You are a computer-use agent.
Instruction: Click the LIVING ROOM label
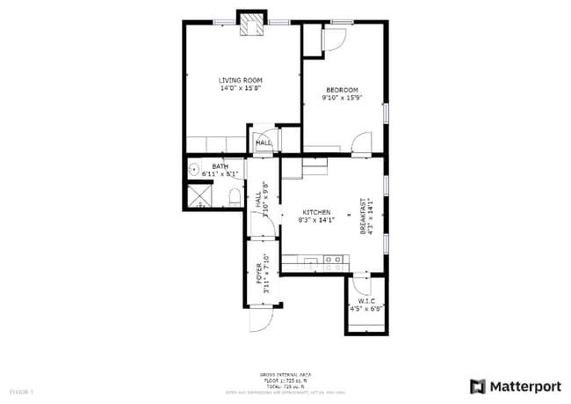pyautogui.click(x=241, y=80)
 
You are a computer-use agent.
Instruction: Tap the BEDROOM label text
pyautogui.click(x=342, y=89)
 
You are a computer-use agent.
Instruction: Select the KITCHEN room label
pyautogui.click(x=316, y=212)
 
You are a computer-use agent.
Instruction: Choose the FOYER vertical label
pyautogui.click(x=259, y=272)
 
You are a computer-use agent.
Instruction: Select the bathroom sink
pyautogui.click(x=193, y=170)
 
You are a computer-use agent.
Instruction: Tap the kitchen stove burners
pyautogui.click(x=333, y=260)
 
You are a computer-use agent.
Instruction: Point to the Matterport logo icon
pyautogui.click(x=477, y=386)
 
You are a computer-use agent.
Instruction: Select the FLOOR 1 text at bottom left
pyautogui.click(x=21, y=390)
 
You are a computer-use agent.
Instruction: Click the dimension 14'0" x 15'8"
pyautogui.click(x=241, y=88)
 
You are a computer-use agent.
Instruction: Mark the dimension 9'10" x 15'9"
pyautogui.click(x=342, y=98)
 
